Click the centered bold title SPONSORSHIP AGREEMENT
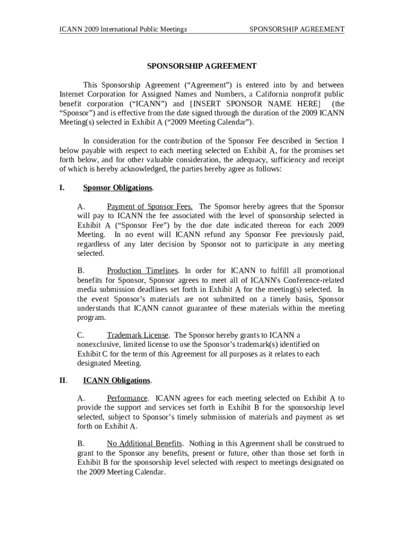click(x=201, y=66)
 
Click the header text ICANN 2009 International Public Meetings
click(x=123, y=29)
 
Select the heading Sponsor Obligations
click(x=118, y=188)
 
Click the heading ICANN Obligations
click(x=117, y=380)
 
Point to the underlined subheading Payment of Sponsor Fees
click(x=150, y=206)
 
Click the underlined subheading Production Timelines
click(x=143, y=271)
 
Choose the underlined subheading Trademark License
click(x=138, y=335)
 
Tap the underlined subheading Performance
click(x=127, y=399)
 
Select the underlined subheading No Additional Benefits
click(x=144, y=443)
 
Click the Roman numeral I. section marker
click(x=62, y=188)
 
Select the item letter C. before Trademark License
click(x=81, y=335)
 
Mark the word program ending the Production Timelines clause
click(x=91, y=318)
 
